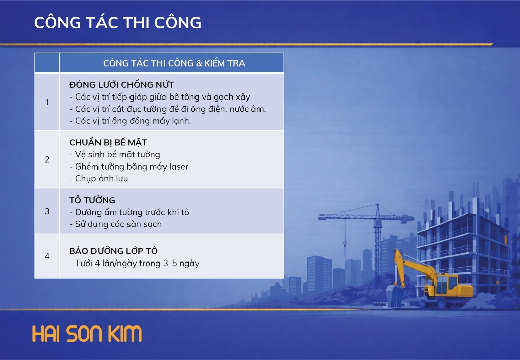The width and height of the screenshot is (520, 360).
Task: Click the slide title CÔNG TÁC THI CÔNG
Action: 117,22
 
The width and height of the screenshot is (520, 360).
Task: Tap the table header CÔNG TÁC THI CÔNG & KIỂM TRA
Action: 174,63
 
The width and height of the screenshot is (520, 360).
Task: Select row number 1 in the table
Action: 47,102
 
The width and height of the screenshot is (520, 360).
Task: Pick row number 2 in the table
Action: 47,160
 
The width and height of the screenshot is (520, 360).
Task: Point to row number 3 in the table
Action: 47,211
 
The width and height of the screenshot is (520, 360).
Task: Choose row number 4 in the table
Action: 47,256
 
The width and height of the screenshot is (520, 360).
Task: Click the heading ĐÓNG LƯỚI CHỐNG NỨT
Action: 122,84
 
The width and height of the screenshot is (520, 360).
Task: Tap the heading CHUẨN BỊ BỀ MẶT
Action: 108,142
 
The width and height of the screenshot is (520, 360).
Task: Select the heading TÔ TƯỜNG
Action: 92,200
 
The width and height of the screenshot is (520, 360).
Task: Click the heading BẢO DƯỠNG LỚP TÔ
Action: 113,251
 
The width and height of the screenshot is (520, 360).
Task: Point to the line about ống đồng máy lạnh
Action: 131,121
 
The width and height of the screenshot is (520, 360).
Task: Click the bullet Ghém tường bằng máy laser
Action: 129,167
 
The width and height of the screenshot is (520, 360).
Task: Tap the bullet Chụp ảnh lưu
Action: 99,178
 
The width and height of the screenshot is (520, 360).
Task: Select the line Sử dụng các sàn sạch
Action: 115,224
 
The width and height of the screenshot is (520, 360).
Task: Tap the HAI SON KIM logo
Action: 87,334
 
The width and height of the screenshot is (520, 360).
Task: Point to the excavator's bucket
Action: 395,296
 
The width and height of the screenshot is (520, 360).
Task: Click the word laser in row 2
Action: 179,167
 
